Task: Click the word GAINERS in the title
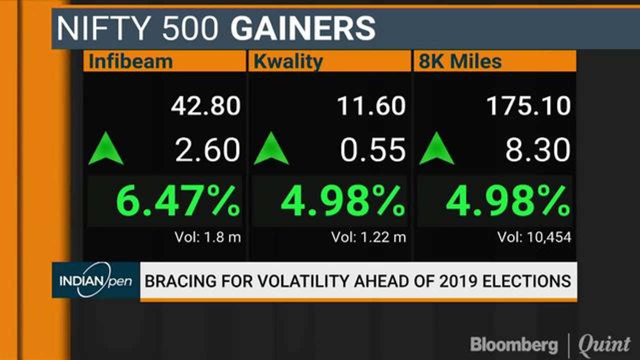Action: pyautogui.click(x=303, y=28)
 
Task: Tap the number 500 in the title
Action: pyautogui.click(x=190, y=28)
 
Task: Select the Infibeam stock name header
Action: pyautogui.click(x=131, y=61)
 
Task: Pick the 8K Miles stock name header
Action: pyautogui.click(x=460, y=61)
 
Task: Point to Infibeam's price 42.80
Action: pyautogui.click(x=205, y=106)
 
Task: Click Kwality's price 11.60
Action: pyautogui.click(x=371, y=106)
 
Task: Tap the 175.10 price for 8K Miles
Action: pyautogui.click(x=528, y=106)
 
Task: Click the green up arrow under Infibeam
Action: pyautogui.click(x=106, y=148)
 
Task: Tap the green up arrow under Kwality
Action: pyautogui.click(x=271, y=148)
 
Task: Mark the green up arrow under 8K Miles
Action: pyautogui.click(x=436, y=148)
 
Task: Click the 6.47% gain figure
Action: pyautogui.click(x=178, y=200)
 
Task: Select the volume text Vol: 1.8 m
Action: pyautogui.click(x=207, y=237)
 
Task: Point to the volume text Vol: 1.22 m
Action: pyautogui.click(x=368, y=237)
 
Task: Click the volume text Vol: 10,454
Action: pyautogui.click(x=534, y=237)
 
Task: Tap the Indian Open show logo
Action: pyautogui.click(x=96, y=280)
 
